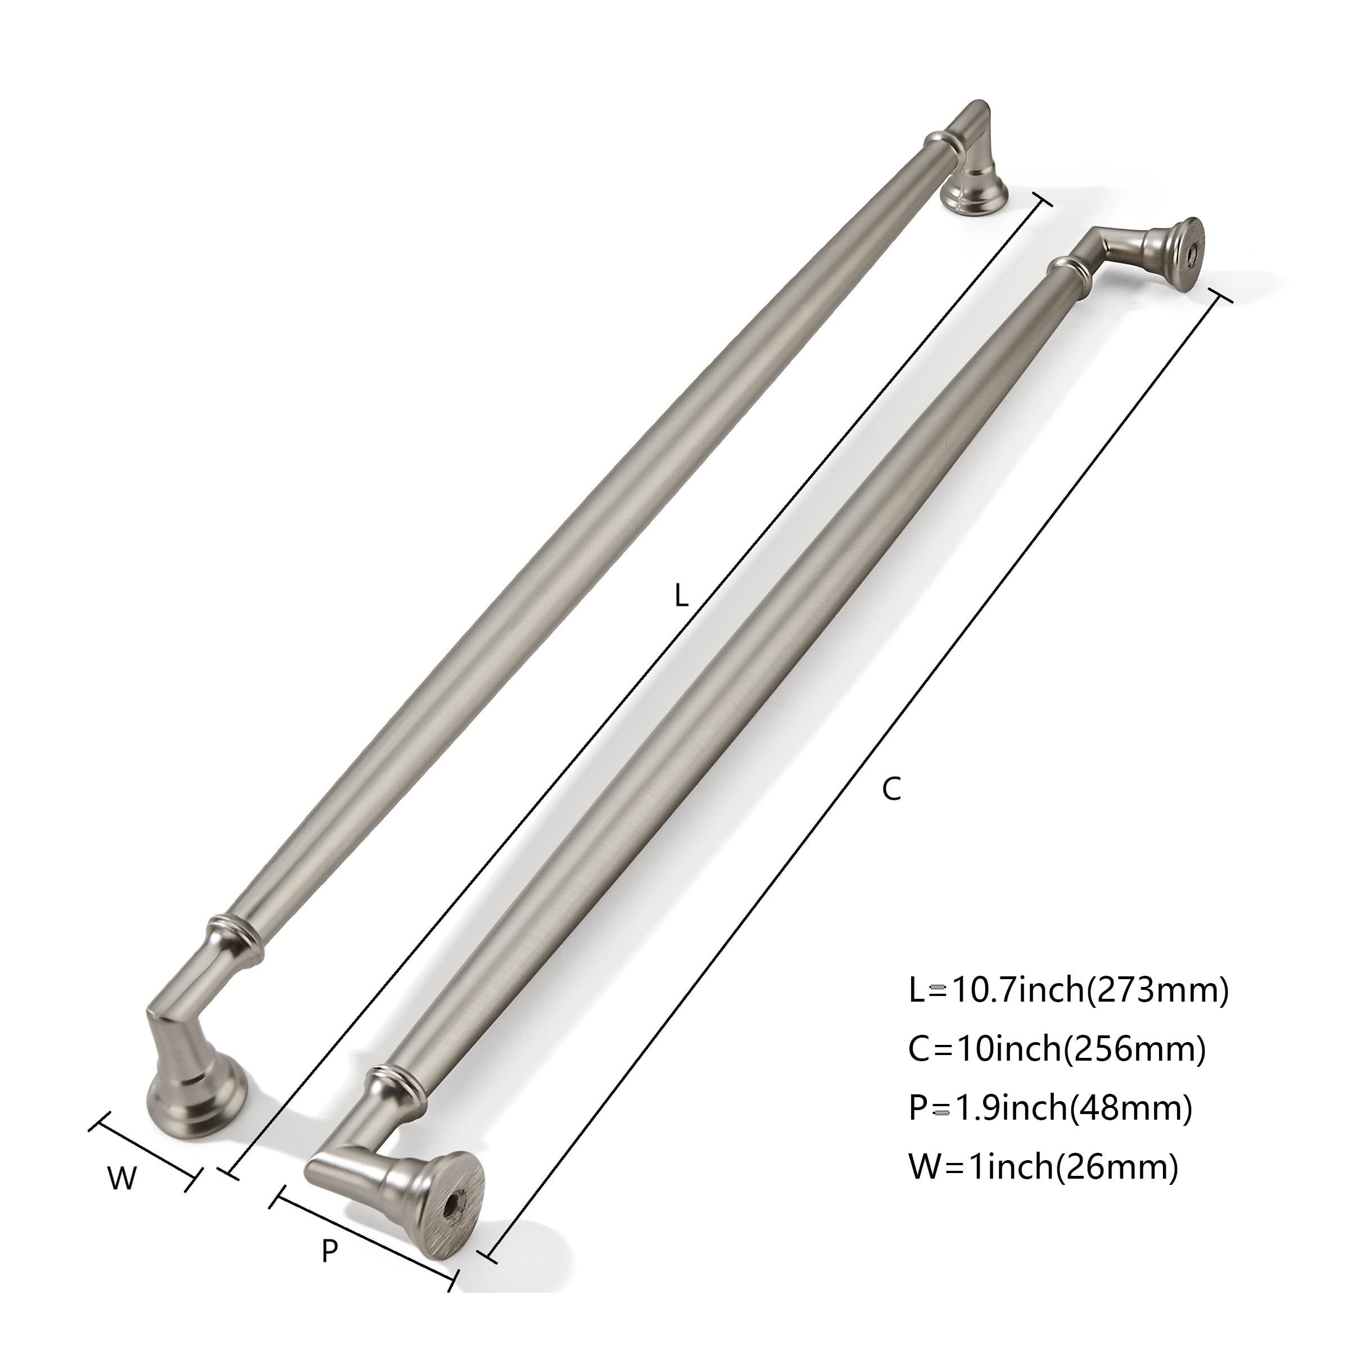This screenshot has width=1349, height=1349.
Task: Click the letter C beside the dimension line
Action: [x=891, y=788]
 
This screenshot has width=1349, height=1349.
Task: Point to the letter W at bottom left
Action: [x=121, y=1179]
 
